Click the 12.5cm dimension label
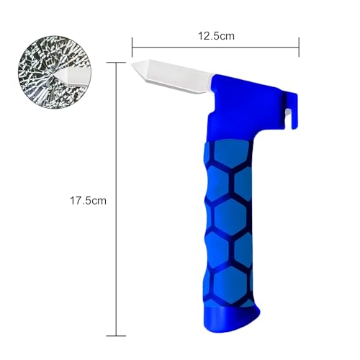215,35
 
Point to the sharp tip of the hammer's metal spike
134,67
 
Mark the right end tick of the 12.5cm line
299,48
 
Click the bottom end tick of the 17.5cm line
112,336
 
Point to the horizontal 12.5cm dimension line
216,48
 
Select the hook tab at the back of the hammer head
296,101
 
